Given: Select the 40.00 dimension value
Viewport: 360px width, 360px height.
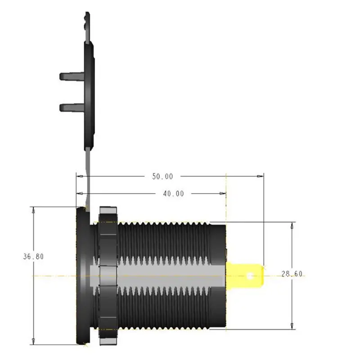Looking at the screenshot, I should pyautogui.click(x=173, y=193).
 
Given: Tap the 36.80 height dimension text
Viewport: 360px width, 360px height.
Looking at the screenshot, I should pyautogui.click(x=33, y=256).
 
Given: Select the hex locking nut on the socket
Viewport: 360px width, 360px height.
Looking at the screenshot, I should pyautogui.click(x=108, y=274).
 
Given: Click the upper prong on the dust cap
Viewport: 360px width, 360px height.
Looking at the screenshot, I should pyautogui.click(x=71, y=76).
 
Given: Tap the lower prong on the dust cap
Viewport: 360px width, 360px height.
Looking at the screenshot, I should pyautogui.click(x=71, y=107).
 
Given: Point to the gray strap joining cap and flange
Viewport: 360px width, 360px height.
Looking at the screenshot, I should pyautogui.click(x=87, y=175).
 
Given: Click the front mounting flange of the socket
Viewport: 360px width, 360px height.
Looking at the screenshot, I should pyautogui.click(x=83, y=274).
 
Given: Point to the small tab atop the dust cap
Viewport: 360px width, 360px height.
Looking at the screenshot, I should pyautogui.click(x=85, y=18).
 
